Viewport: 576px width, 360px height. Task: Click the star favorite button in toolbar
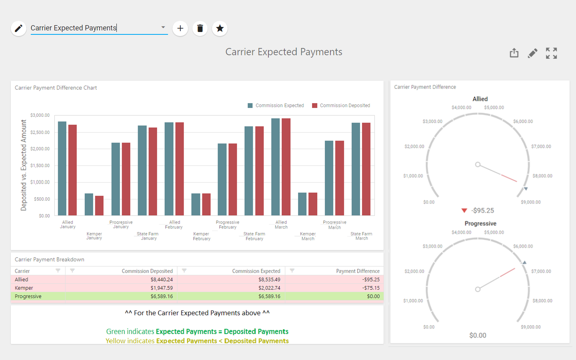(220, 28)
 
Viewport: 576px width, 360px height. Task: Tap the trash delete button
(200, 28)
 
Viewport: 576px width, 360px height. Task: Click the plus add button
(180, 28)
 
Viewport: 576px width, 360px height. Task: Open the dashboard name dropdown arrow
(163, 27)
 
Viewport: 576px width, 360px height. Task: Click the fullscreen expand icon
(551, 53)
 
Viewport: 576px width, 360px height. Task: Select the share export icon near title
(514, 53)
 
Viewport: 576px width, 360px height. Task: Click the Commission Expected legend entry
(276, 106)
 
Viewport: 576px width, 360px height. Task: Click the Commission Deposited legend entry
(341, 106)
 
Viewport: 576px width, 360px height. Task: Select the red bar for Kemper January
(99, 206)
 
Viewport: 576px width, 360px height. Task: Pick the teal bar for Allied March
(276, 167)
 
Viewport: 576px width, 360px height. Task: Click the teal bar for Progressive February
(222, 179)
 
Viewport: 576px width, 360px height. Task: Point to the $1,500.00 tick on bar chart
(40, 166)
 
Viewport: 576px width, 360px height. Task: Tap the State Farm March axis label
(361, 236)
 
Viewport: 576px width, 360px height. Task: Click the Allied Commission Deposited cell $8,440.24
(162, 280)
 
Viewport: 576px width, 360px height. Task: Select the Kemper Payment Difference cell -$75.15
(371, 288)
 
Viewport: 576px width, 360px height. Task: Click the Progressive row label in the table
(28, 296)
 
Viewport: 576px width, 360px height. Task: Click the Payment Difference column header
(358, 271)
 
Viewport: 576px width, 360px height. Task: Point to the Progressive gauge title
(480, 224)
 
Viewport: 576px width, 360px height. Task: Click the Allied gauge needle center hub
(478, 164)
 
